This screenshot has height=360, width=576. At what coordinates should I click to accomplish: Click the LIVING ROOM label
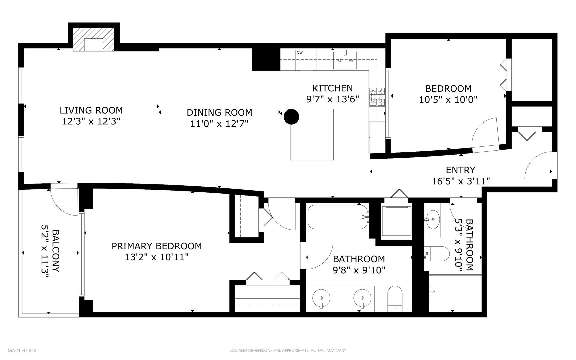click(91, 110)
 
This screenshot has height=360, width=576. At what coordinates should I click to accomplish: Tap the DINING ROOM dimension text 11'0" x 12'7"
click(219, 124)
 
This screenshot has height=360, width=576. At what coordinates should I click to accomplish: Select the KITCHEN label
click(332, 88)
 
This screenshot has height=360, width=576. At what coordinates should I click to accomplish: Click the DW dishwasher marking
click(299, 53)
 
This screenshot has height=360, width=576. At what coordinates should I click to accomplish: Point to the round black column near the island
click(291, 117)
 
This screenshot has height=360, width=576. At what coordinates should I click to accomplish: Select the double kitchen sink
click(345, 60)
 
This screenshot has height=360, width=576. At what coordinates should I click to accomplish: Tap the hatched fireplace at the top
click(94, 39)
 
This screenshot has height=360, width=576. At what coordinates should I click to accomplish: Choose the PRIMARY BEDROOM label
click(156, 246)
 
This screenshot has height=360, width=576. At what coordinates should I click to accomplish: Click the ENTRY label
click(460, 170)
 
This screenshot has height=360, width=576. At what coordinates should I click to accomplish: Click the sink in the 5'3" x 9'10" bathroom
click(433, 220)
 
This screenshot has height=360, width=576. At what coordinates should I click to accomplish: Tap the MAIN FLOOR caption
click(22, 350)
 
